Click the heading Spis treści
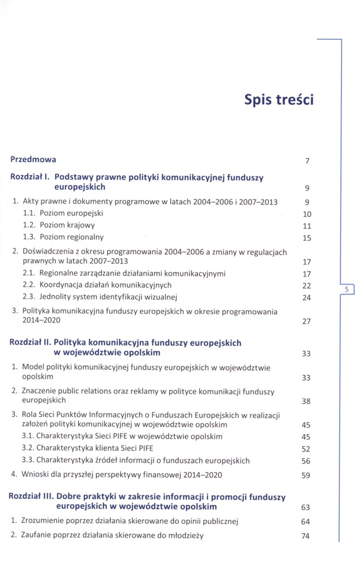[x=278, y=100]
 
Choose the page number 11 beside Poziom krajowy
[x=307, y=226]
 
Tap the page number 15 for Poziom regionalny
[x=307, y=238]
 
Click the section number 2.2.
[x=29, y=285]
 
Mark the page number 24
[x=307, y=298]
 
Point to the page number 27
[x=307, y=321]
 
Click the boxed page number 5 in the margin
[x=347, y=290]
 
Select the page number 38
[x=306, y=401]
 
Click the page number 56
[x=306, y=461]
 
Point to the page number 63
[x=306, y=508]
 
